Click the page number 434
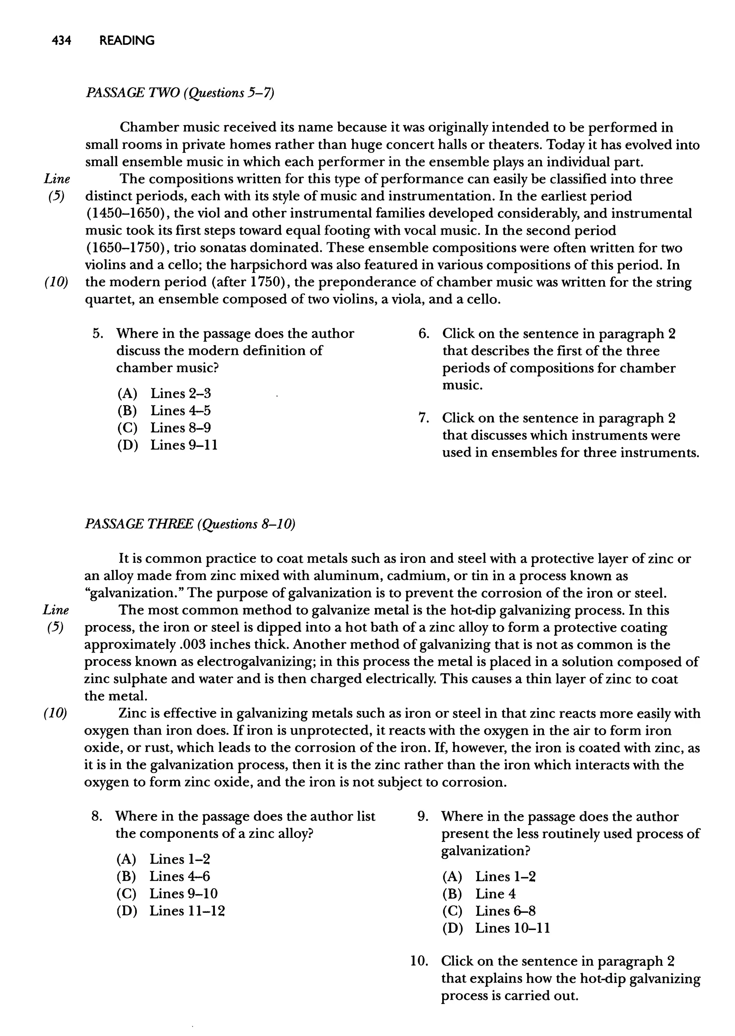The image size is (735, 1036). click(x=62, y=41)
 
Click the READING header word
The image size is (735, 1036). click(x=127, y=41)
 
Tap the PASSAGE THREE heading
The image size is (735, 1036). click(x=189, y=524)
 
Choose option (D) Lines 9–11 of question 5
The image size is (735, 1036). click(x=168, y=445)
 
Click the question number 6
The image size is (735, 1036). click(x=423, y=334)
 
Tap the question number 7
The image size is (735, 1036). click(x=423, y=418)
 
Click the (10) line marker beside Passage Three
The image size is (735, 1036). click(x=55, y=714)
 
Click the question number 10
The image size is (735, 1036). click(x=420, y=961)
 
